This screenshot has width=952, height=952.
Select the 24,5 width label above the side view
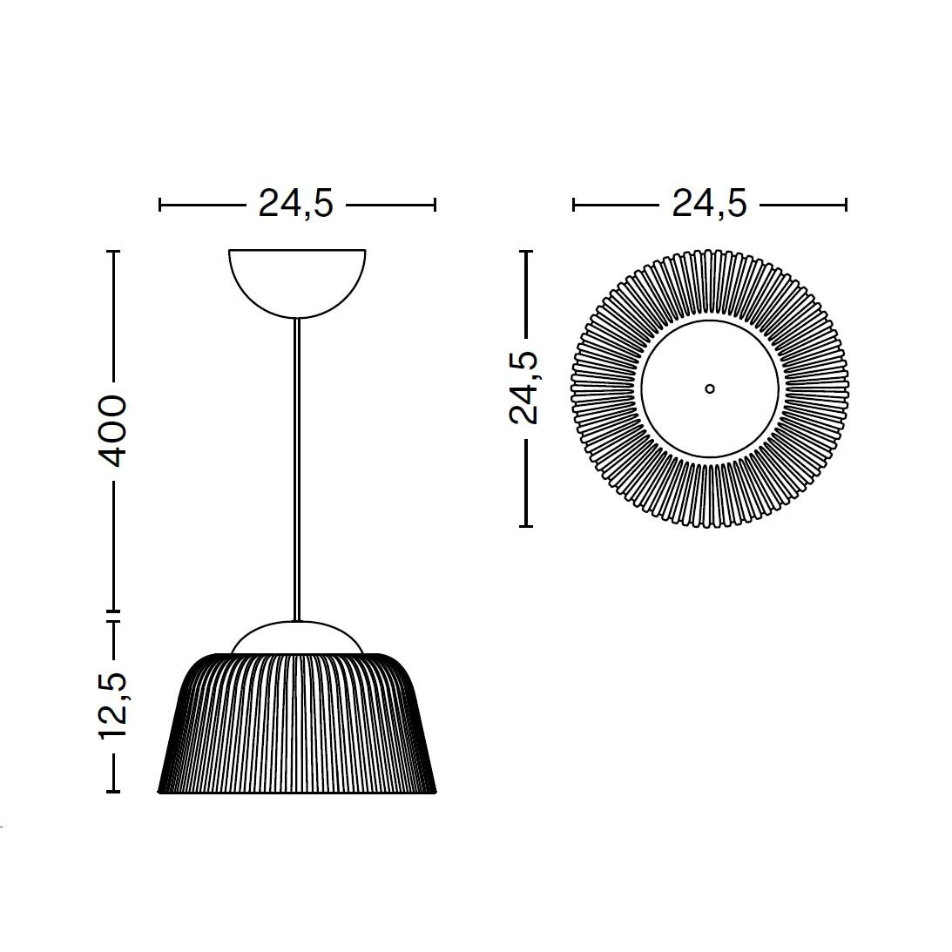click(296, 204)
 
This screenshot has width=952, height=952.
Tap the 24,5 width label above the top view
click(709, 204)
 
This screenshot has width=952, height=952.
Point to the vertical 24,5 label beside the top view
click(524, 388)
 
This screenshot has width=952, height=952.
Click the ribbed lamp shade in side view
click(297, 727)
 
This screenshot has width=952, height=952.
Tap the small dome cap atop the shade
click(297, 636)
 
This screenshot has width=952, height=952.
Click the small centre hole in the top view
click(710, 388)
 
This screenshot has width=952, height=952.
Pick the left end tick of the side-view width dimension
click(160, 205)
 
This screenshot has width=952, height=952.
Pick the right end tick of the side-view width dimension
click(435, 205)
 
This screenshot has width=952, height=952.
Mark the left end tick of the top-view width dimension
click(573, 205)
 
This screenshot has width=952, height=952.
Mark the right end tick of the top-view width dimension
click(846, 205)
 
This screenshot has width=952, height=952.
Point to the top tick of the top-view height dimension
click(525, 251)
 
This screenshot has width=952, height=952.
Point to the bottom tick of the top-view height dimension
click(525, 526)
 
